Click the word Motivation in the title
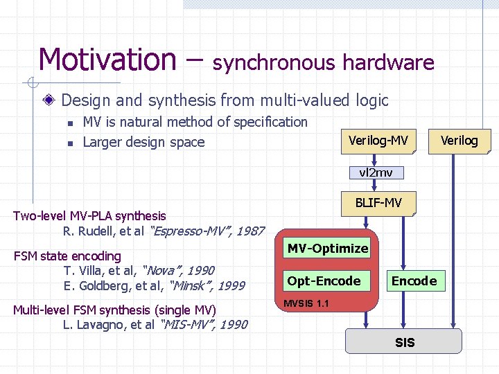tap(107, 60)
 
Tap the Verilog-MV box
tap(378, 141)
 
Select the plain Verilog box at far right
tap(459, 141)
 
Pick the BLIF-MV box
tap(378, 204)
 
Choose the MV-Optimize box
tap(328, 248)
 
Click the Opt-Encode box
tap(324, 280)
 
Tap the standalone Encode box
tap(414, 280)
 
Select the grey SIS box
tap(404, 342)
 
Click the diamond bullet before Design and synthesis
tap(50, 101)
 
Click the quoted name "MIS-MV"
tap(187, 324)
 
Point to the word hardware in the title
tap(388, 63)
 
